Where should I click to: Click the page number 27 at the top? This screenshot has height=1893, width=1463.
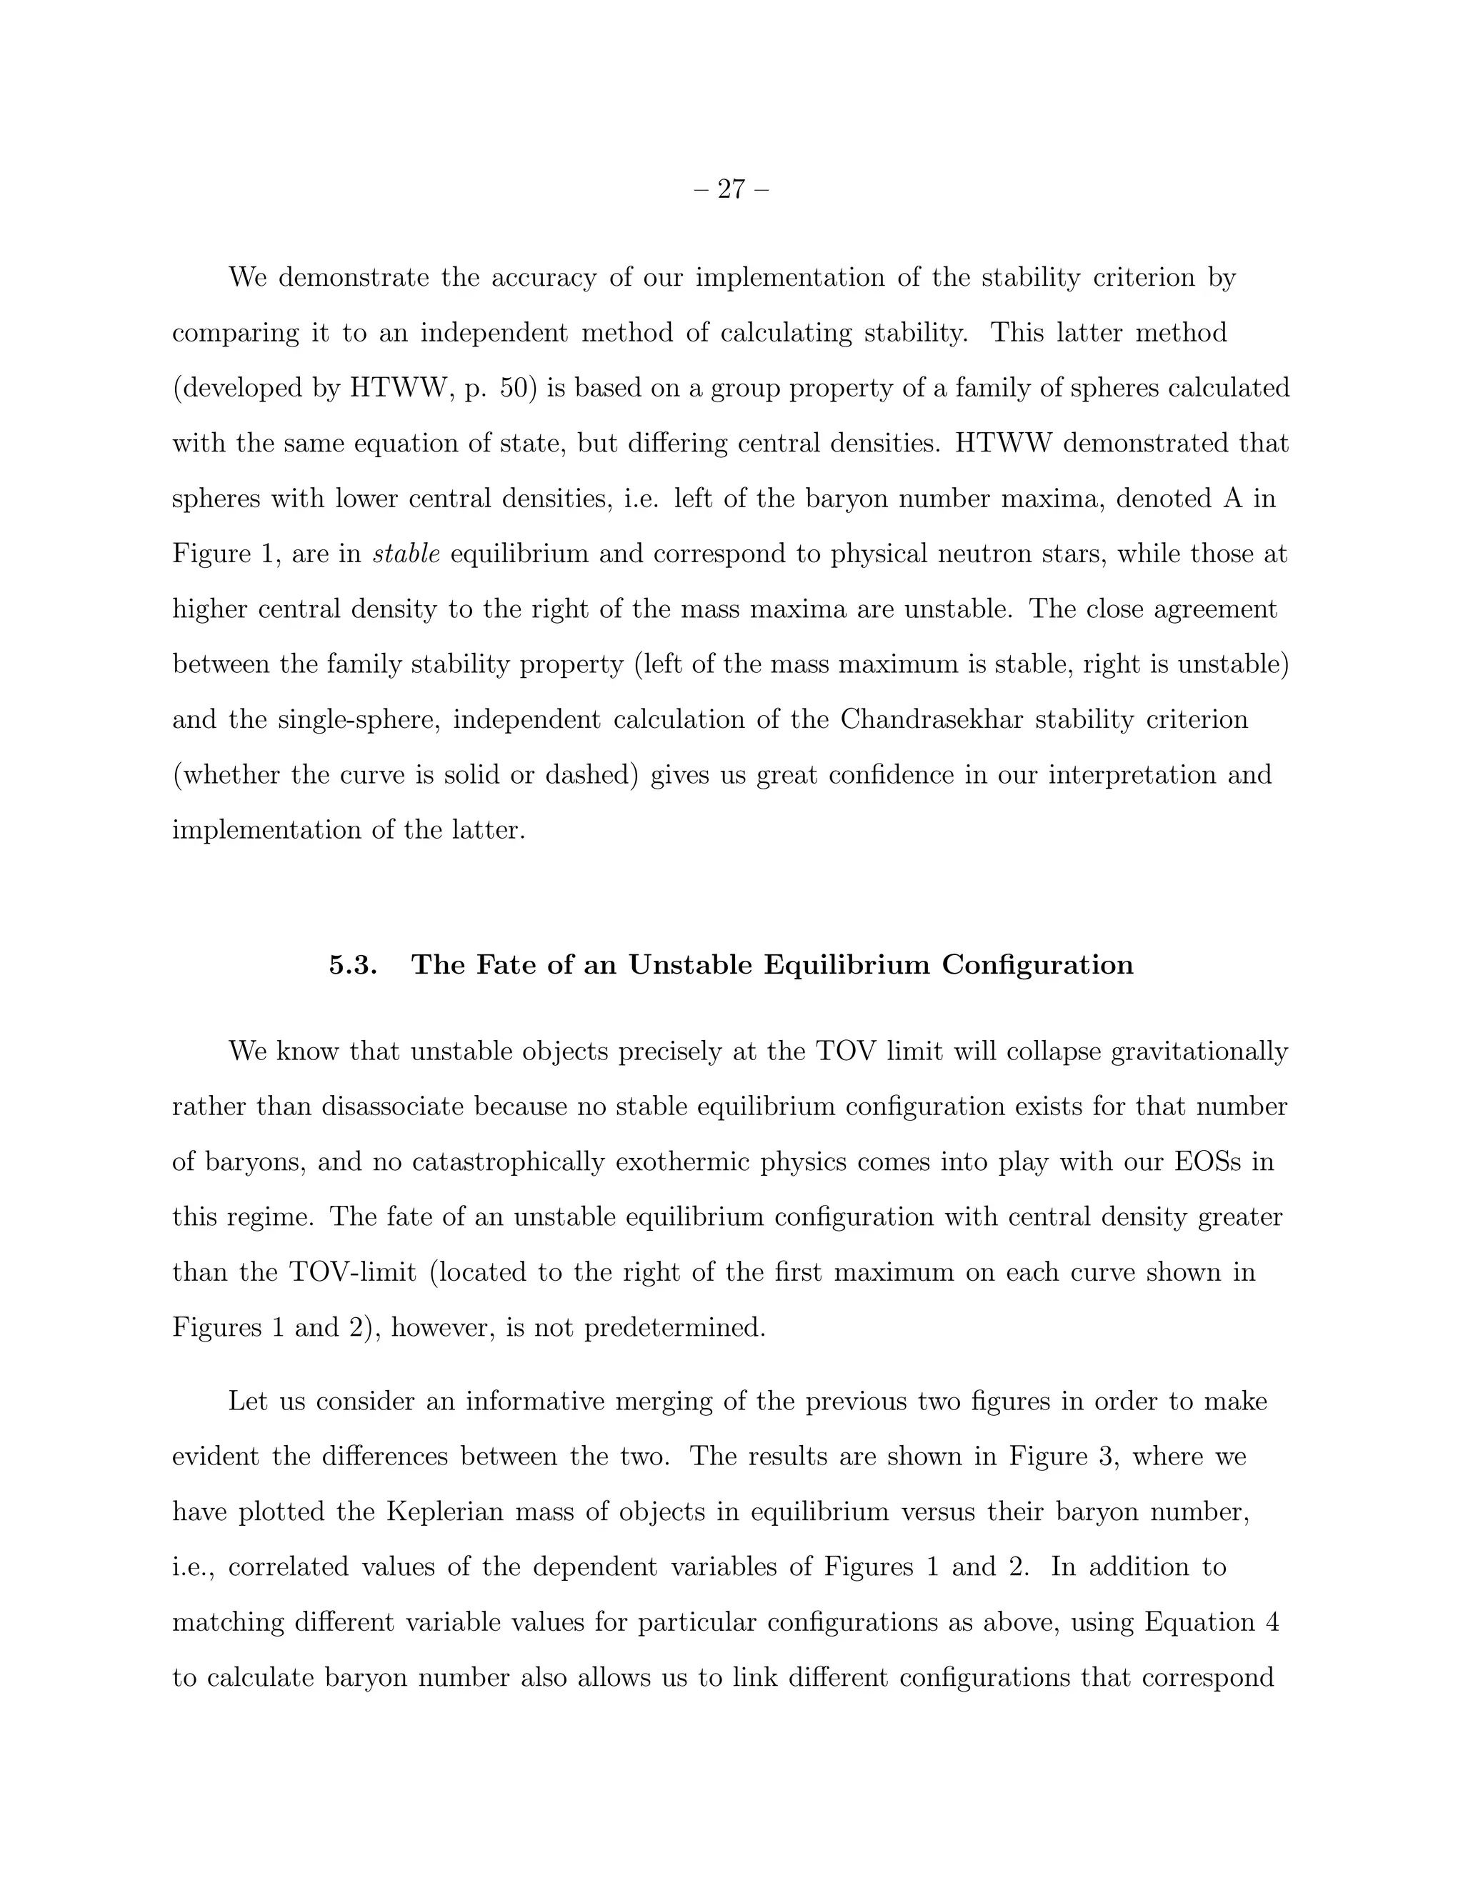(x=731, y=189)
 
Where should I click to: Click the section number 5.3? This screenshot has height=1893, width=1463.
(x=353, y=964)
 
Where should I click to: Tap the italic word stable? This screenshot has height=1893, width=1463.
(x=406, y=554)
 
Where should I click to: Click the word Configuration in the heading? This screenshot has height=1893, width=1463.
(x=1037, y=964)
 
